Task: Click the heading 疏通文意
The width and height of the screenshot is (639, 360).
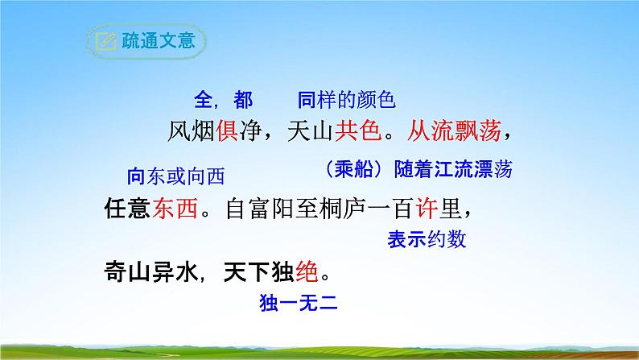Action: click(158, 41)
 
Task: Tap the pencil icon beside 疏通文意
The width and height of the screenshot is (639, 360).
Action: click(105, 42)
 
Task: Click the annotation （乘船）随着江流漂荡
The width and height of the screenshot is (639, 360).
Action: click(415, 170)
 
